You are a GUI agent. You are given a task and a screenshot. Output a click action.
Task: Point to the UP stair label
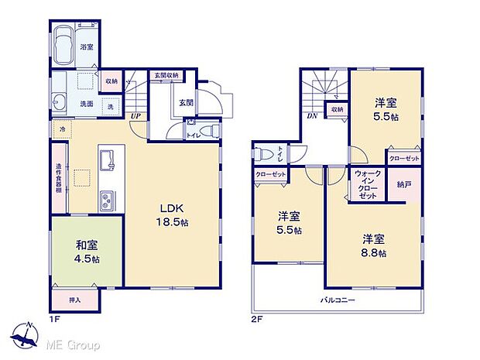pos(135,117)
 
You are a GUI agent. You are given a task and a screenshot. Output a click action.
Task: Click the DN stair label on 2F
pos(310,117)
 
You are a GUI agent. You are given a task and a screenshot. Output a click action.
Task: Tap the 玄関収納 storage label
pos(166,75)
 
